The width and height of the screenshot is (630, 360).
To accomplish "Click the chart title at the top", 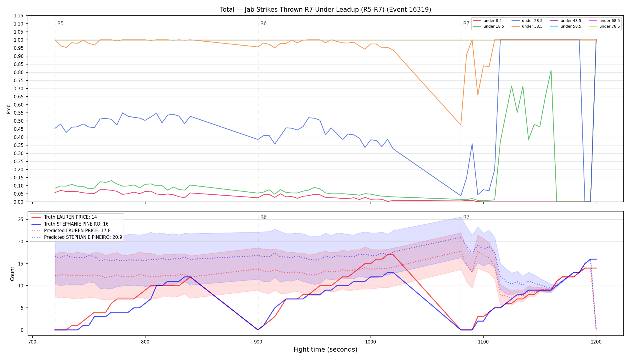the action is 325,10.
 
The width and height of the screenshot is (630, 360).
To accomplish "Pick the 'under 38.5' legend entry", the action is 527,26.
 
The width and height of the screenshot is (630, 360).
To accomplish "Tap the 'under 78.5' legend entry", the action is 604,26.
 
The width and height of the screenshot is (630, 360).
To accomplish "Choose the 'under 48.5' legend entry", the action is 566,21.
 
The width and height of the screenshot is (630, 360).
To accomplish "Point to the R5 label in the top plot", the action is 60,23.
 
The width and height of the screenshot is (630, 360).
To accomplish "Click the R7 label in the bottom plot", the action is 466,217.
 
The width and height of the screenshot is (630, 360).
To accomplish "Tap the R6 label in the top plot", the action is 263,23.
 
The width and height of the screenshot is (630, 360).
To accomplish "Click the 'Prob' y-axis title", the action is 9,109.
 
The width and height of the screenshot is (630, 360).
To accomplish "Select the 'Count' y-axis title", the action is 12,274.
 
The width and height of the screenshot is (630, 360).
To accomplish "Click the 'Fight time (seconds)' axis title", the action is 325,349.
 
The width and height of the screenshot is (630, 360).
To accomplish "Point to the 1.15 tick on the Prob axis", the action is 19,16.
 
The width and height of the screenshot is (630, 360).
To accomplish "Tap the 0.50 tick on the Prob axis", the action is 19,121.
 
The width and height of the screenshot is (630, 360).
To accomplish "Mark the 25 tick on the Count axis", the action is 21,219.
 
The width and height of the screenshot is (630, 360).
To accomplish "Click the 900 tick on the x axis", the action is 258,342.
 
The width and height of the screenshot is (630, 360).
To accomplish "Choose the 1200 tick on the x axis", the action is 596,342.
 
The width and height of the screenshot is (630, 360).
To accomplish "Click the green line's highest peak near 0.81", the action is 551,70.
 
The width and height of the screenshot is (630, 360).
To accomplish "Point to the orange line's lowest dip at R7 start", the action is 461,125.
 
